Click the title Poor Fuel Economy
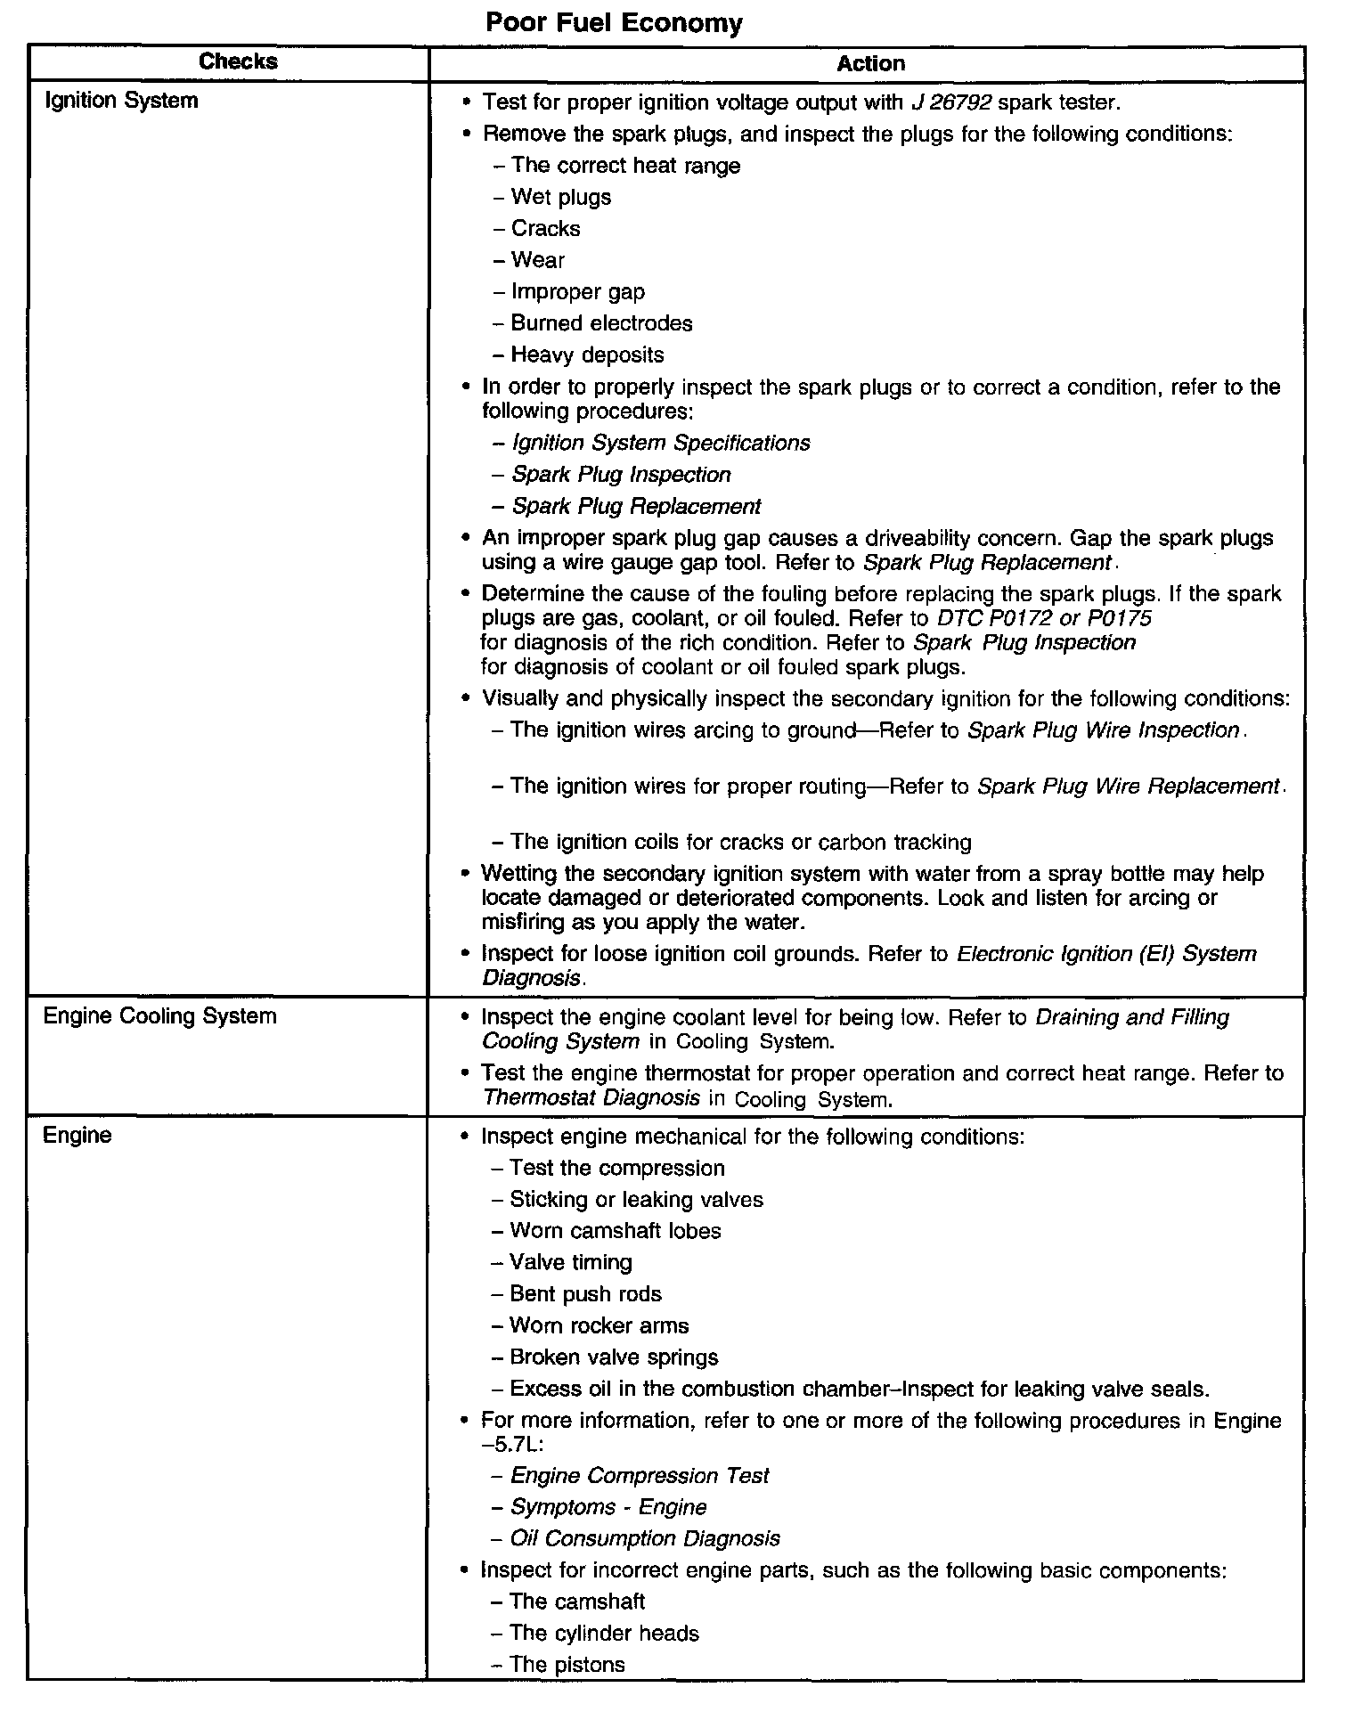(614, 23)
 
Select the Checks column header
(238, 61)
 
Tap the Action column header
(870, 63)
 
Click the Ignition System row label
(121, 101)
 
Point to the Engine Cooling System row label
(160, 1016)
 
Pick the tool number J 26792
(950, 102)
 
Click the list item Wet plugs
(560, 197)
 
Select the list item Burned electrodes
(601, 323)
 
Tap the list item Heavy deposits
(587, 355)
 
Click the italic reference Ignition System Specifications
(661, 443)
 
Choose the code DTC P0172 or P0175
(1044, 618)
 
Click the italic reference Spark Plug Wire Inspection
(1103, 730)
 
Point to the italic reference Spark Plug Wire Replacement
(1128, 787)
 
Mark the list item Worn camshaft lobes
(615, 1231)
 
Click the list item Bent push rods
(585, 1294)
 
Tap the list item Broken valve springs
(614, 1357)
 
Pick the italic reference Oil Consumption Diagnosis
(645, 1538)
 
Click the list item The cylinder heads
(604, 1633)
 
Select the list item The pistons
(567, 1665)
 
